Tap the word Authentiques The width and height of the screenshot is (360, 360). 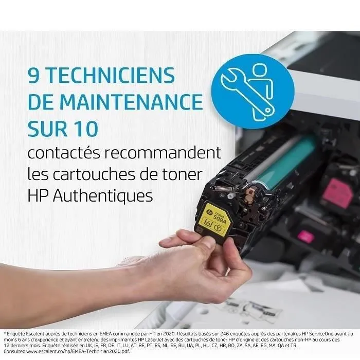104,196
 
